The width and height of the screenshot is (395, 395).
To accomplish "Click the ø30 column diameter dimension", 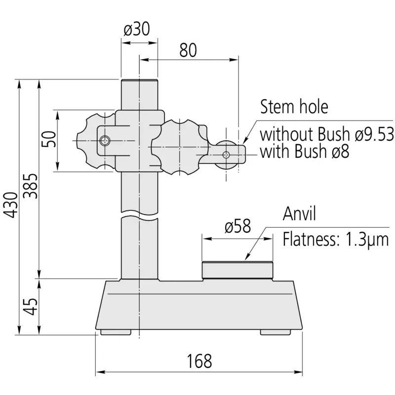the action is (x=137, y=29).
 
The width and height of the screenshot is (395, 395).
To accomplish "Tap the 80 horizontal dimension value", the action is (x=188, y=50).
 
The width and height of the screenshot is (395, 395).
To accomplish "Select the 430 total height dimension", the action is (x=11, y=205).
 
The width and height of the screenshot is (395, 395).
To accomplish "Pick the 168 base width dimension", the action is (x=199, y=361).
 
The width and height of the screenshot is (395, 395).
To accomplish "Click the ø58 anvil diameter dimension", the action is (x=237, y=226).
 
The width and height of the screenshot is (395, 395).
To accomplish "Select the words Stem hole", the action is (x=294, y=107).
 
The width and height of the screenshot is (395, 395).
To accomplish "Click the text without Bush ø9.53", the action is (x=327, y=134).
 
